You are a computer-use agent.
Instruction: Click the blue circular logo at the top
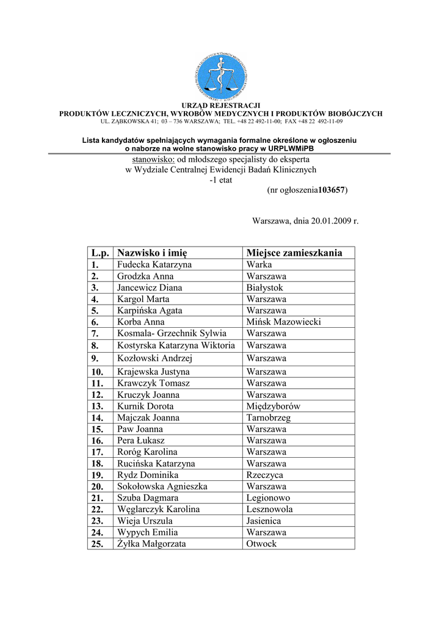(220, 76)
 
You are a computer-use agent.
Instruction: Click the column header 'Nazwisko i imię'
(152, 253)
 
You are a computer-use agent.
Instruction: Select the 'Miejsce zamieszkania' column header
(294, 253)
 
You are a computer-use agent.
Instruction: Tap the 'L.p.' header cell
(100, 253)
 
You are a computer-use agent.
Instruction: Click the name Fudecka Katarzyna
(154, 265)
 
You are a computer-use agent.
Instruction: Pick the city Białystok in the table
(265, 287)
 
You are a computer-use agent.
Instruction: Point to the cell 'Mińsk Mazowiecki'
(283, 322)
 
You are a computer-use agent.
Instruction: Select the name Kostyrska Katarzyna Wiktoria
(176, 345)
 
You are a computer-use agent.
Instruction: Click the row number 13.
(98, 406)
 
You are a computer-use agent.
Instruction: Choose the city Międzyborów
(273, 406)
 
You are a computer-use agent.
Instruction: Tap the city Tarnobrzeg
(269, 418)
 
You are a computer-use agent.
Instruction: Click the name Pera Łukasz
(141, 441)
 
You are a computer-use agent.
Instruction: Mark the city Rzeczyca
(265, 475)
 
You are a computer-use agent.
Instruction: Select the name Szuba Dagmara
(148, 498)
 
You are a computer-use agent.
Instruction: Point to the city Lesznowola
(269, 509)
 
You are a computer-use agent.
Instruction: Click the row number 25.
(98, 544)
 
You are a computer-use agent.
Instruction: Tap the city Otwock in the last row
(261, 544)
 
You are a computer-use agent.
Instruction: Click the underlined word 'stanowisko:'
(154, 159)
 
